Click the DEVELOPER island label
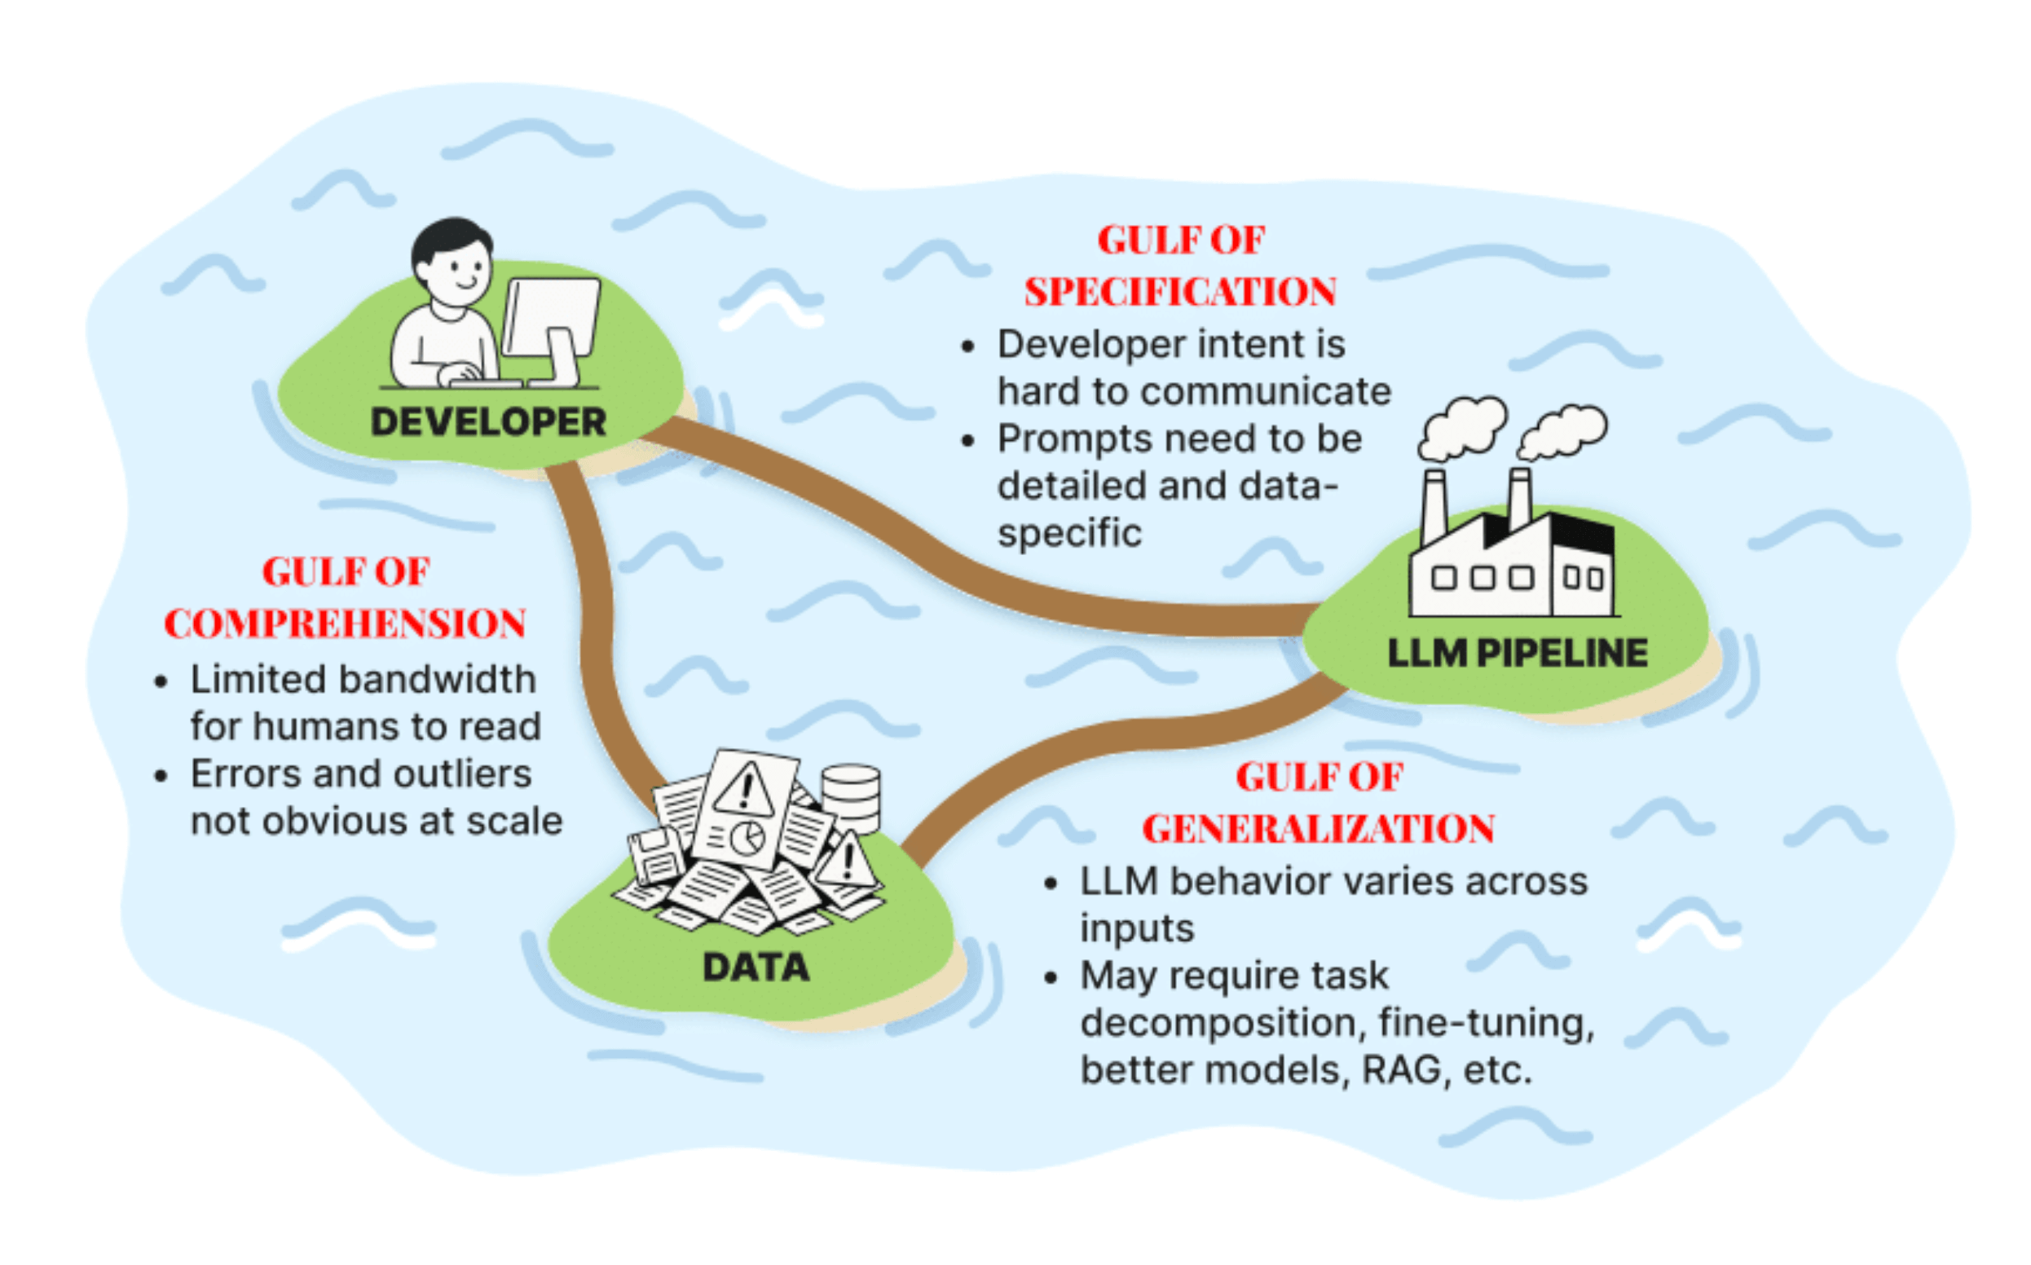click(487, 421)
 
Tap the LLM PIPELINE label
click(1517, 654)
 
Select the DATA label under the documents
click(756, 967)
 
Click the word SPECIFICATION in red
click(1180, 292)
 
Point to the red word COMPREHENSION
click(345, 624)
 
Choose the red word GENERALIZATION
click(1319, 829)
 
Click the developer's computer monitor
click(552, 318)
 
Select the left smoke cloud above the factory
click(1462, 426)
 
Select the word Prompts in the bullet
click(1059, 440)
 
